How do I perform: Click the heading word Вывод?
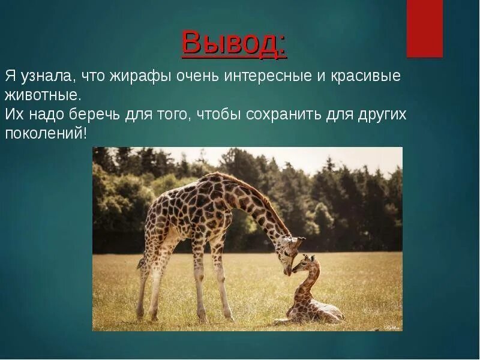[x=234, y=43]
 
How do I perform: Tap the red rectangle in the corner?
[x=425, y=28]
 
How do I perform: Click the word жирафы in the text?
[x=139, y=76]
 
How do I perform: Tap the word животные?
[x=42, y=95]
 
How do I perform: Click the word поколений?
[x=45, y=134]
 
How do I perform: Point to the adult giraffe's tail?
[x=141, y=264]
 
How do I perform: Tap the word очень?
[x=194, y=76]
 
